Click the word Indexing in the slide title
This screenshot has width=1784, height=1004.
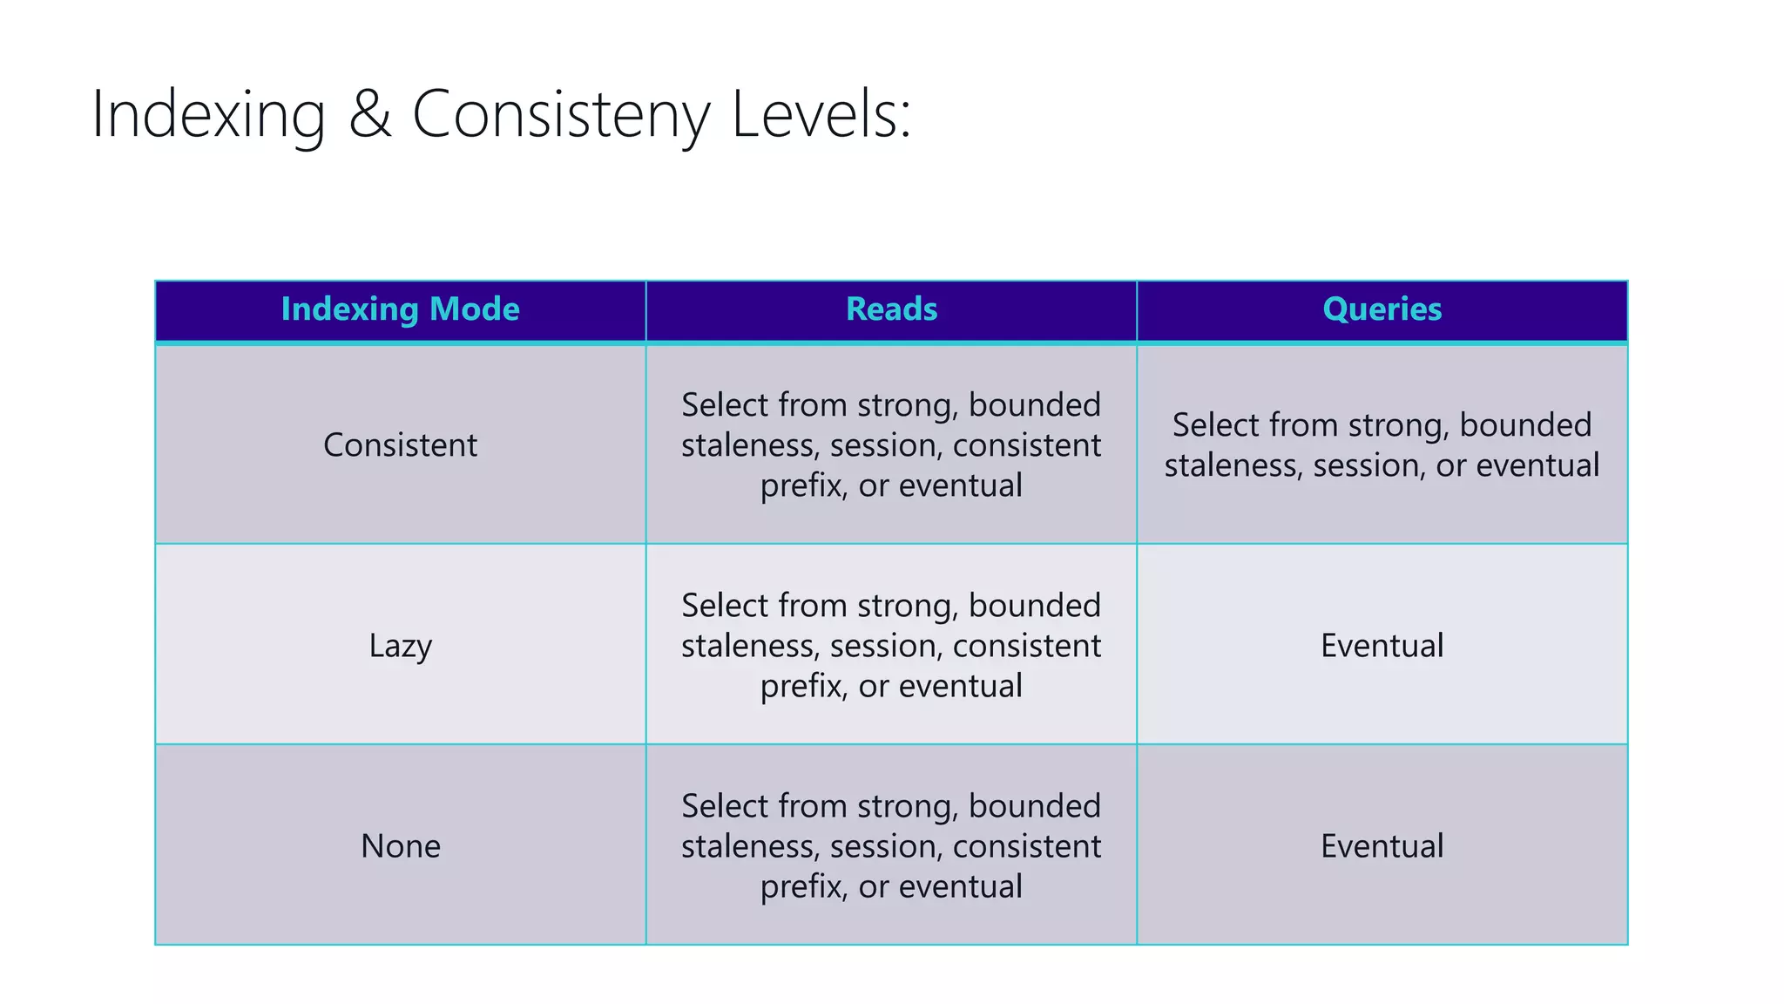pos(208,115)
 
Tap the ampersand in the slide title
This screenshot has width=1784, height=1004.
pos(369,115)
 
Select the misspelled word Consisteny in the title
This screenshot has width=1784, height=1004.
pos(561,115)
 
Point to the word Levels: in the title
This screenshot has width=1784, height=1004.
pos(821,115)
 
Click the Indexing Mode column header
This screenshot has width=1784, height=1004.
pos(400,309)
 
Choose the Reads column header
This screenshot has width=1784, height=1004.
pos(891,309)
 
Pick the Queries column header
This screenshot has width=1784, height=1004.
pos(1382,309)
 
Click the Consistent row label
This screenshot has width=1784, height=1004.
pos(400,445)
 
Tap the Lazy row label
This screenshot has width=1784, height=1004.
pos(400,646)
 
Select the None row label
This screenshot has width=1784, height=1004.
pos(400,846)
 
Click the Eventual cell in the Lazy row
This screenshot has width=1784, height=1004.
pos(1382,646)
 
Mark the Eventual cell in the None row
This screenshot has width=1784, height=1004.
pos(1382,846)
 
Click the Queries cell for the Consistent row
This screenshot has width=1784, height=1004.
pos(1382,445)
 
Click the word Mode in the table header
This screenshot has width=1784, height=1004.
pos(475,309)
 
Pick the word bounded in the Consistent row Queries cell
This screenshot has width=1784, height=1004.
pos(1525,425)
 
